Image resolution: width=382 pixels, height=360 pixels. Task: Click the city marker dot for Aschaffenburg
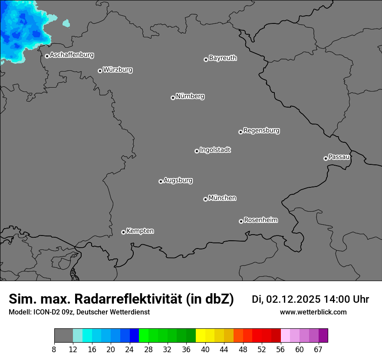[47, 56]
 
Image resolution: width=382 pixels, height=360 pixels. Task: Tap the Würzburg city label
[118, 70]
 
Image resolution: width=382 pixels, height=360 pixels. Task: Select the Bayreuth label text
[223, 58]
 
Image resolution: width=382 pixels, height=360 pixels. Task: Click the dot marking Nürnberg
[173, 98]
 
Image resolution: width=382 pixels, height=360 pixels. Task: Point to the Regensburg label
[261, 131]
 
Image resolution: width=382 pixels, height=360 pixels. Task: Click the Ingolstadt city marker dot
[197, 151]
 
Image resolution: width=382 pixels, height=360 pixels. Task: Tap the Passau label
[339, 157]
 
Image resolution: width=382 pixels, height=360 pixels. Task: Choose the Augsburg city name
[178, 180]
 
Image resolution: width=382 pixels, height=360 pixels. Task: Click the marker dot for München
[205, 200]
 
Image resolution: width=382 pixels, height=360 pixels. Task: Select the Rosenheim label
[260, 220]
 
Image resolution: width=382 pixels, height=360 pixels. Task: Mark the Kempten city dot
[123, 232]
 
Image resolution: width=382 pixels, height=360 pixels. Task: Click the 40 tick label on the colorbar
[205, 350]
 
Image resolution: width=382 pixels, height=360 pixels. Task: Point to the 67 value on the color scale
[318, 350]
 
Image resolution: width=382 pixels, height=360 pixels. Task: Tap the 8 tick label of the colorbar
[54, 350]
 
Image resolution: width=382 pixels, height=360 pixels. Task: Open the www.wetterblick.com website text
[313, 312]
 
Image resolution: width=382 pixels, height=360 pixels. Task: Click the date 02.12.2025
[293, 299]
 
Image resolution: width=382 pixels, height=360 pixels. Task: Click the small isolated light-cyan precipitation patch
[66, 23]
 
